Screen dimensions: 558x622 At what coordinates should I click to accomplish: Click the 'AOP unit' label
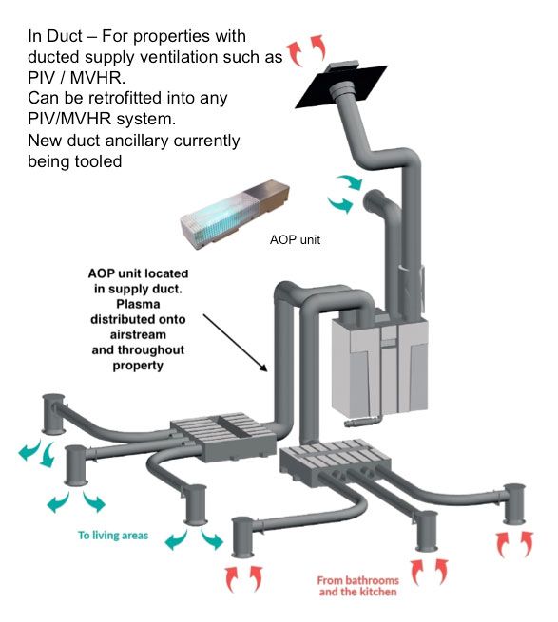295,239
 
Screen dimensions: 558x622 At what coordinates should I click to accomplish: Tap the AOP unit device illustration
235,215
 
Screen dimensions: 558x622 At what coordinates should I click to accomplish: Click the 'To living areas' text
113,536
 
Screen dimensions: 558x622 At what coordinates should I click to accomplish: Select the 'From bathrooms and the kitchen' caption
357,586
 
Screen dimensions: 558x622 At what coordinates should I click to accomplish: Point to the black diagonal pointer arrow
236,343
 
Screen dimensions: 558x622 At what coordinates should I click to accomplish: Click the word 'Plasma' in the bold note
138,304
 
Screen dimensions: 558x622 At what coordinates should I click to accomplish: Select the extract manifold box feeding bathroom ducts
336,462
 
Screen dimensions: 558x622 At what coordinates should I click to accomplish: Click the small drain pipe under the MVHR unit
362,422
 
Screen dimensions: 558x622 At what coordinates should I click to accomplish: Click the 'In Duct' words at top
55,36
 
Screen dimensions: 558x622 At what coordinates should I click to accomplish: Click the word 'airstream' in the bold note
138,334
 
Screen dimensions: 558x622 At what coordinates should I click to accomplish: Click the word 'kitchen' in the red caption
377,592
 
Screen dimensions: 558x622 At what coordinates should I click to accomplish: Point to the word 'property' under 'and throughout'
138,366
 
